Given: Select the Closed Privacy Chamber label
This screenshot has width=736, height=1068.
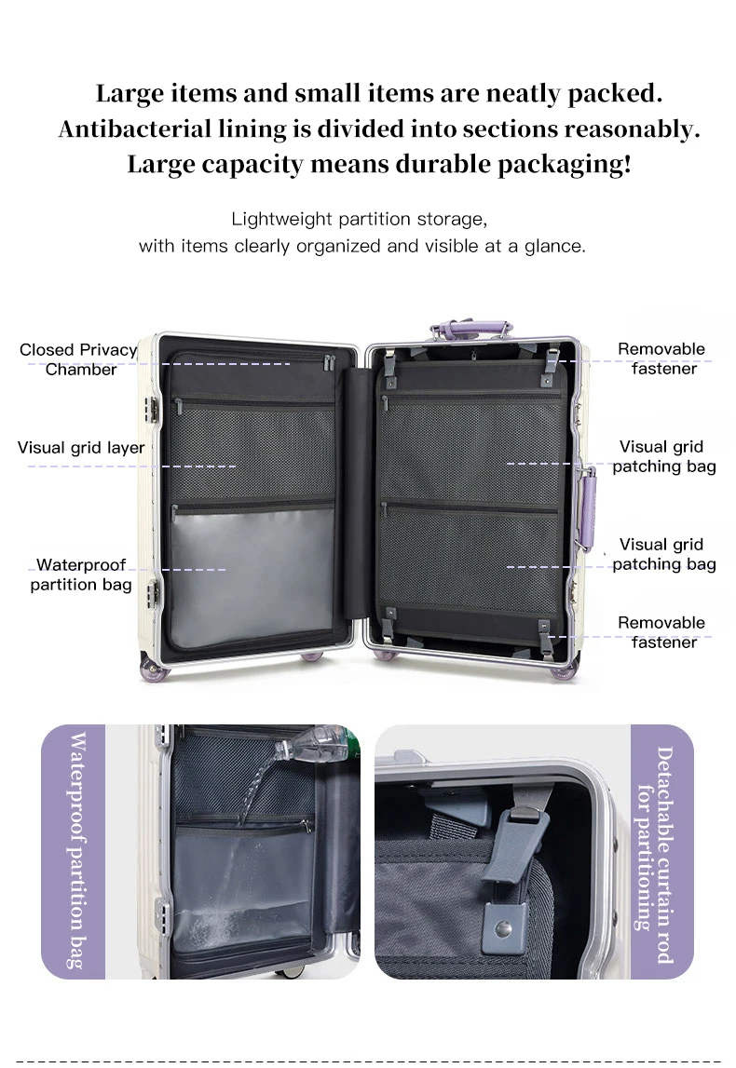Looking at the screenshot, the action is coord(79,359).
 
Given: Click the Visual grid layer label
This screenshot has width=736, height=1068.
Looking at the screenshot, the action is coord(81,448).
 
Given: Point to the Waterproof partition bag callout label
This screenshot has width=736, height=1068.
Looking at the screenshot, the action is coord(81,575).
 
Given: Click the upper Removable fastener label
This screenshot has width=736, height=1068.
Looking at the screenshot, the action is coord(662,358).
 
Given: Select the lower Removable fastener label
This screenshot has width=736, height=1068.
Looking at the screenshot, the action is coord(662,632).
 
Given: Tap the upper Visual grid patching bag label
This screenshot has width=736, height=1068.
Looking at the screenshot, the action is coord(663,456).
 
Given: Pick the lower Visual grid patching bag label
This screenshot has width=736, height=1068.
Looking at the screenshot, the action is coord(663,554).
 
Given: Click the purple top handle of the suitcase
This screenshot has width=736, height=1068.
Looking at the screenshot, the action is coord(471,328).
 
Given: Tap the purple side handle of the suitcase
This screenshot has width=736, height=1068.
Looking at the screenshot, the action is coord(588,507).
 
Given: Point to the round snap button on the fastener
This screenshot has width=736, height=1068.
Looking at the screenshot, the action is coord(504,928).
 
